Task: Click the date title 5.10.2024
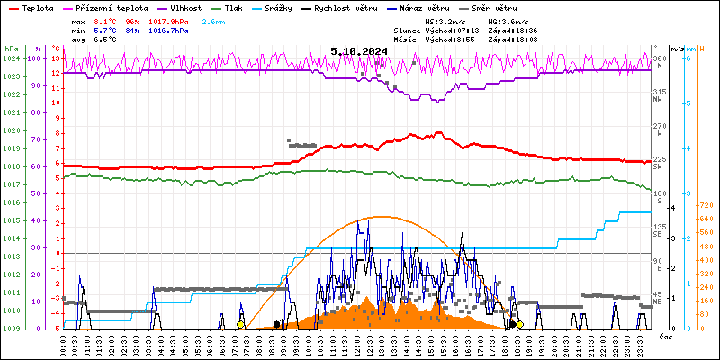coord(359,51)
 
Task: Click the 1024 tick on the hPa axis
coord(11,58)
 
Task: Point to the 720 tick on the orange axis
coord(706,205)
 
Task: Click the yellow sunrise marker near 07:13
coord(240,324)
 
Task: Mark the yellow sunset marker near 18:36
coord(519,324)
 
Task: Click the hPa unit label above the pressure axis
coord(11,49)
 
